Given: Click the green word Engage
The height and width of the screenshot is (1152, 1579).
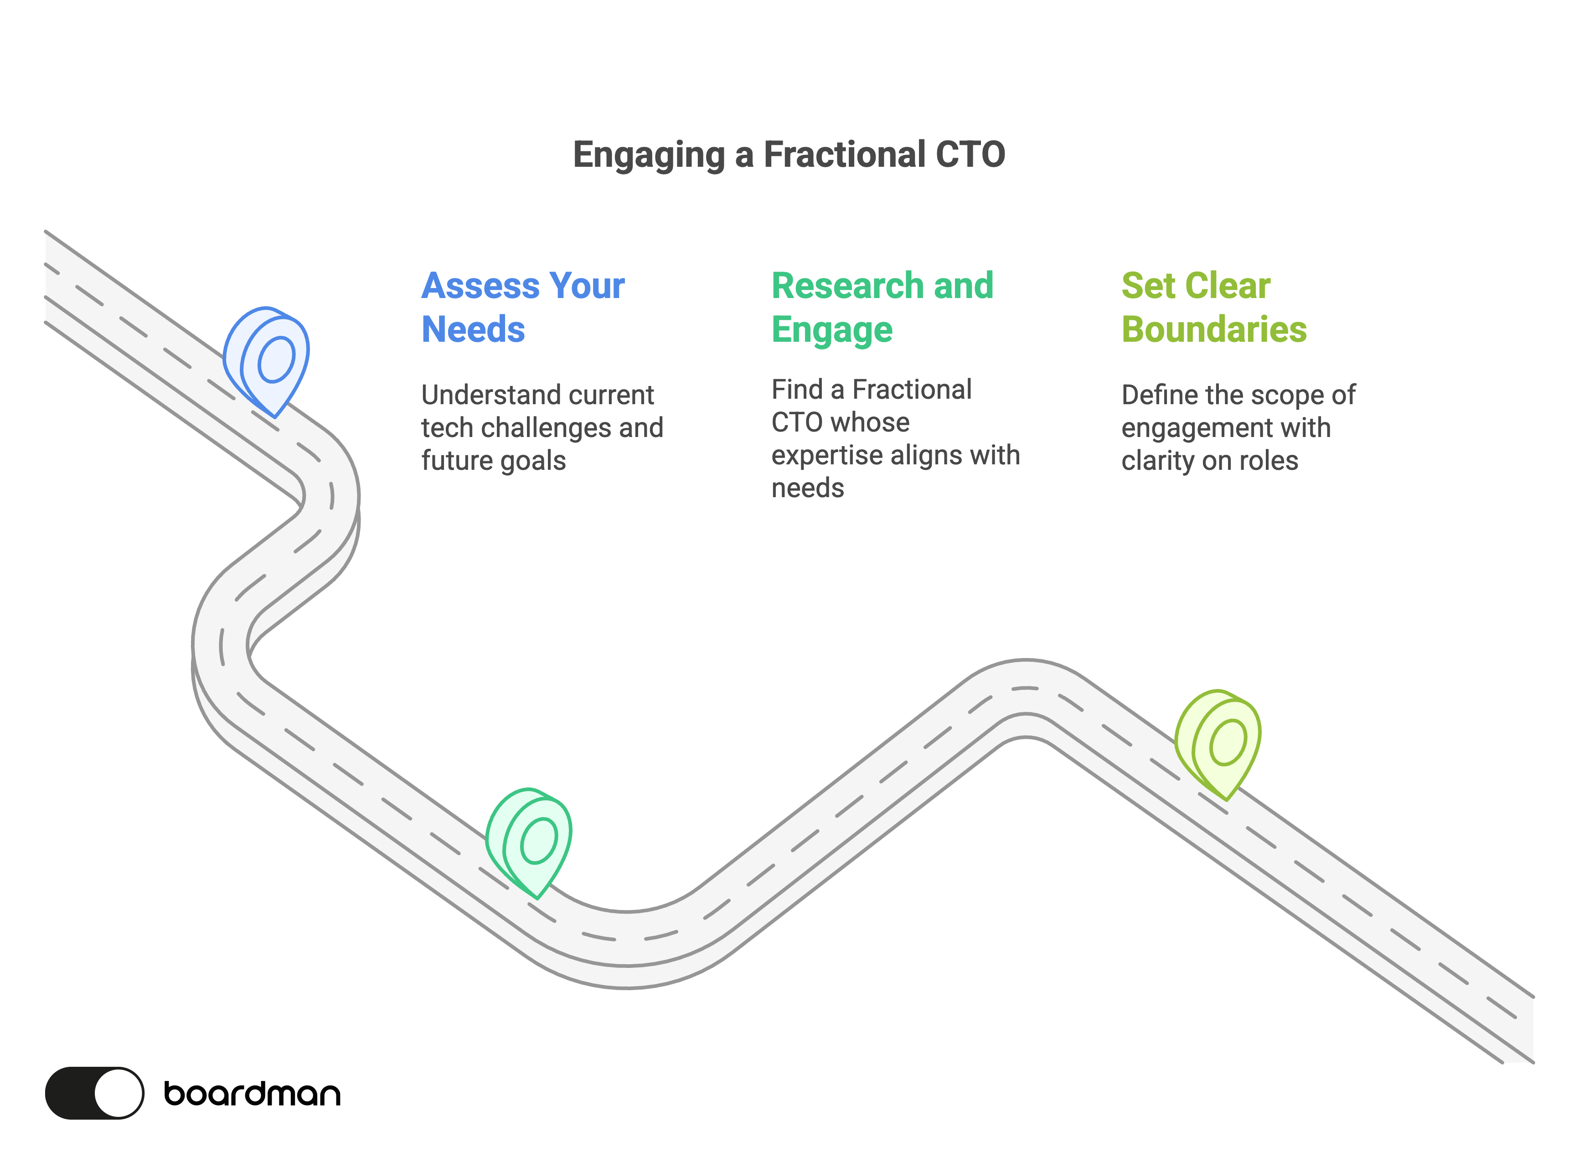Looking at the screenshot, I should (x=831, y=330).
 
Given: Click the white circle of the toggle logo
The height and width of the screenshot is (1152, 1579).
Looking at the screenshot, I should (x=118, y=1093).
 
